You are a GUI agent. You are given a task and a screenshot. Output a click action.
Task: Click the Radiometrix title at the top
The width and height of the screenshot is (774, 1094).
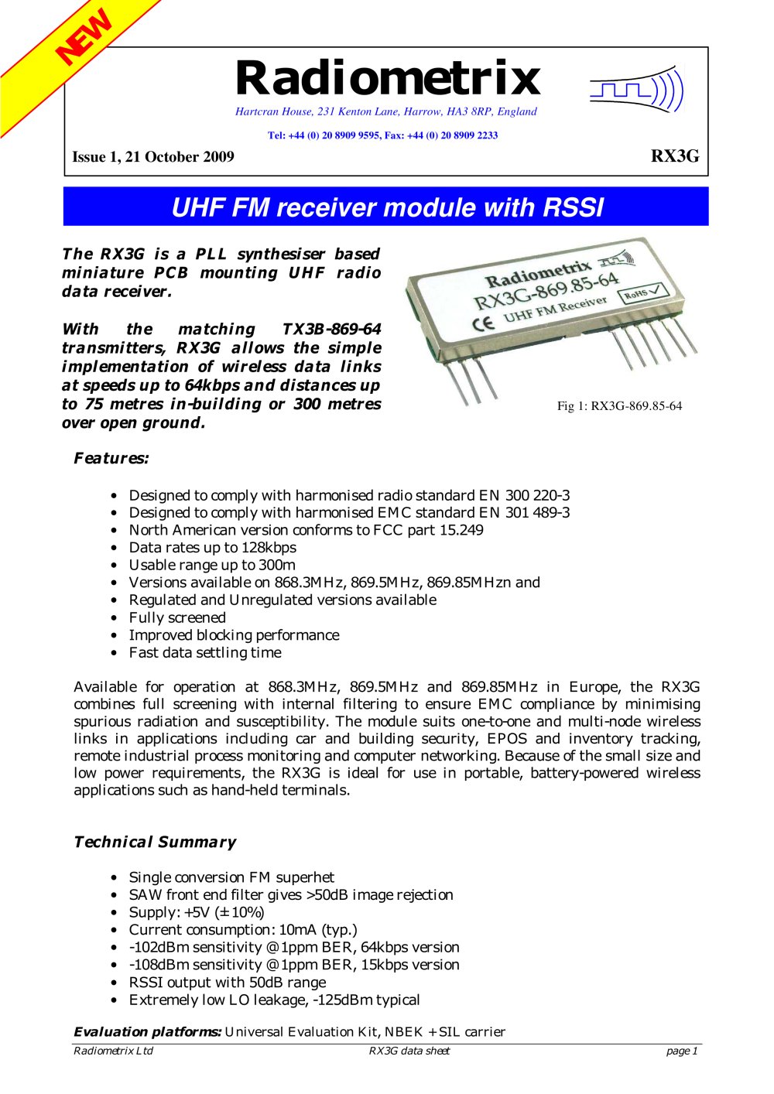[387, 78]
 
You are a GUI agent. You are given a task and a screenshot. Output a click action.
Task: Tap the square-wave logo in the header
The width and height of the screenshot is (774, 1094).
[636, 91]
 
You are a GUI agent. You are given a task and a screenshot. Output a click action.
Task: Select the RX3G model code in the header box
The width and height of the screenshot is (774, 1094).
[674, 156]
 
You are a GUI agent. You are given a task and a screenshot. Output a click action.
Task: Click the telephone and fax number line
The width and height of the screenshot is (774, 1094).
[382, 135]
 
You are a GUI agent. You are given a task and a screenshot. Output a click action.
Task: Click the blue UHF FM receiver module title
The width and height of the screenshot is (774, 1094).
[386, 207]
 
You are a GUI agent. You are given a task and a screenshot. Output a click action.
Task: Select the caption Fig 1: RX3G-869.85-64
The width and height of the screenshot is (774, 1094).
[619, 406]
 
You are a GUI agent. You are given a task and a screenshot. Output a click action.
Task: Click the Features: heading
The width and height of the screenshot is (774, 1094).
[111, 458]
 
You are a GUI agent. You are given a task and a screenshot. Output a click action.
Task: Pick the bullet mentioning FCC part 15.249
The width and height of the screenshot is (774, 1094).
[306, 530]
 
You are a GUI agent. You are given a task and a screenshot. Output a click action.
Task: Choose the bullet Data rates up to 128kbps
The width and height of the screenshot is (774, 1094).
[212, 548]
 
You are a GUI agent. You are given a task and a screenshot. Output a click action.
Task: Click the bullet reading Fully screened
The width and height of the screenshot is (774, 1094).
[177, 617]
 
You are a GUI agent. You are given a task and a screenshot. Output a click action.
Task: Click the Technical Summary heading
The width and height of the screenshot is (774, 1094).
[155, 842]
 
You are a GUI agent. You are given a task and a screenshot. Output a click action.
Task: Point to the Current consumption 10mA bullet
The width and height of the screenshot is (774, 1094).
[242, 930]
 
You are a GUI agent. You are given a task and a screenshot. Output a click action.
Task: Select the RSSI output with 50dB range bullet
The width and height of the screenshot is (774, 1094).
[227, 983]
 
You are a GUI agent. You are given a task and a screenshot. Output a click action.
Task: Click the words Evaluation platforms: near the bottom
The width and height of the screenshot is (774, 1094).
[147, 1031]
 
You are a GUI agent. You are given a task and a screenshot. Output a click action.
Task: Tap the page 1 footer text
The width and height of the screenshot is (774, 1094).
[682, 1051]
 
